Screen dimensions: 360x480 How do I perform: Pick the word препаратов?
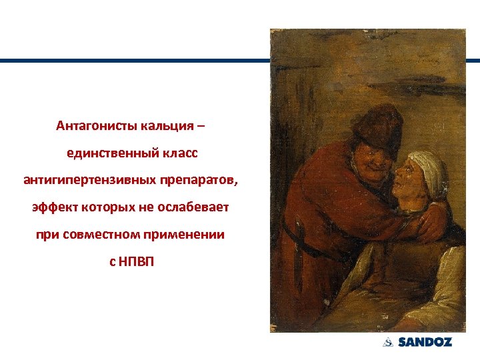[198, 180]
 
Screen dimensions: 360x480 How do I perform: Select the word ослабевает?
[194, 207]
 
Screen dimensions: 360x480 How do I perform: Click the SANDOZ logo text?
[425, 343]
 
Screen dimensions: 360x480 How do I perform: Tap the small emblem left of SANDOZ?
[388, 343]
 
